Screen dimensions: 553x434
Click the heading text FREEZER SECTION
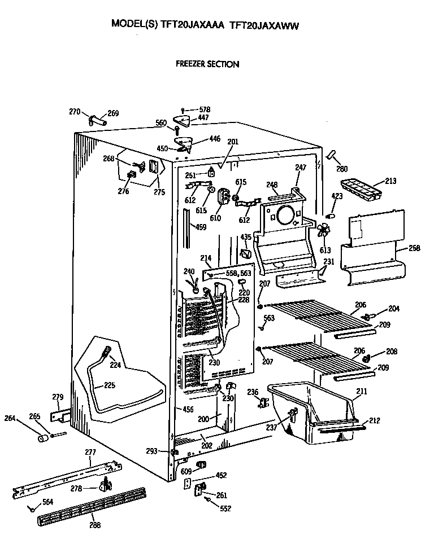click(207, 64)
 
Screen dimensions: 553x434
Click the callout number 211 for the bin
click(361, 390)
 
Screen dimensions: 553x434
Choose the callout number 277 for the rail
click(90, 452)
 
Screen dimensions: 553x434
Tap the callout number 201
click(233, 141)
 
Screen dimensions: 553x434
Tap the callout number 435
click(246, 237)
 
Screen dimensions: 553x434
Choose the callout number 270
click(75, 112)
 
